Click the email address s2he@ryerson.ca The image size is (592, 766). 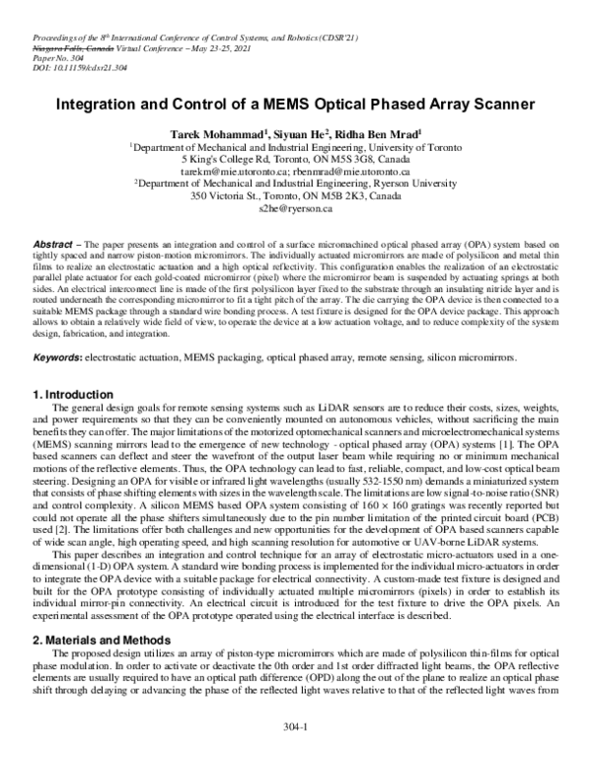coord(296,209)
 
